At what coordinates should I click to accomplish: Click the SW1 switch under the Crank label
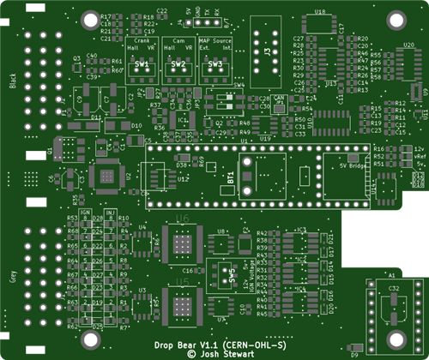click(142, 66)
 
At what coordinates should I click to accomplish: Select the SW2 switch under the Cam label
click(178, 66)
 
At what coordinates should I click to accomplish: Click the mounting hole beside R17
click(90, 18)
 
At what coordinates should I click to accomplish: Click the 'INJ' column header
click(110, 211)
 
